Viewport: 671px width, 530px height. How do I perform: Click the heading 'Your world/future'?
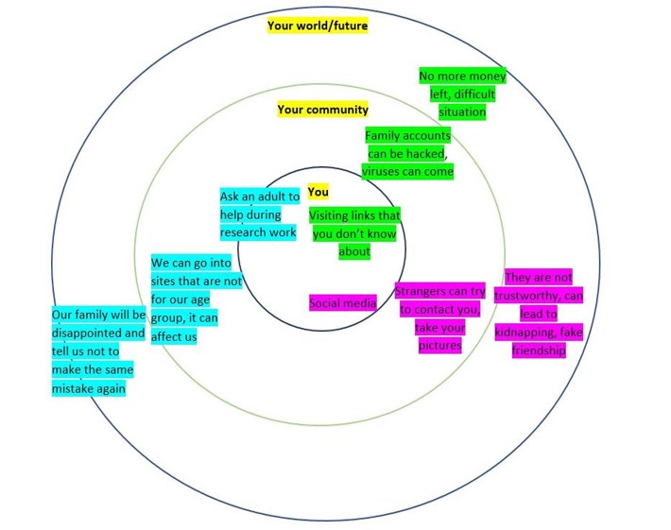[x=318, y=26]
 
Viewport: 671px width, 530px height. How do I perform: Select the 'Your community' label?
[x=322, y=110]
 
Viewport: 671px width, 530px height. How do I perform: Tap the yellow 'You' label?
[x=318, y=192]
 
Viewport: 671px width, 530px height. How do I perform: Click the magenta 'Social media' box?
[x=343, y=303]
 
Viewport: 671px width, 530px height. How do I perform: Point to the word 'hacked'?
[x=422, y=154]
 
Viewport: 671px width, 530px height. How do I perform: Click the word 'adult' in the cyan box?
[x=267, y=197]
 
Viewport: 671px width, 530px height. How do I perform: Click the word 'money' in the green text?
[x=486, y=76]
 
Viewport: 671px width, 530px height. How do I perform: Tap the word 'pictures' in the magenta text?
[x=439, y=346]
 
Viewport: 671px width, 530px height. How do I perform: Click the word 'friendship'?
[x=539, y=350]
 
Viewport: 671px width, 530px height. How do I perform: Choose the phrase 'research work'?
[x=257, y=232]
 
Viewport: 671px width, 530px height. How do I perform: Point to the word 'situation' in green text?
[x=462, y=111]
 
